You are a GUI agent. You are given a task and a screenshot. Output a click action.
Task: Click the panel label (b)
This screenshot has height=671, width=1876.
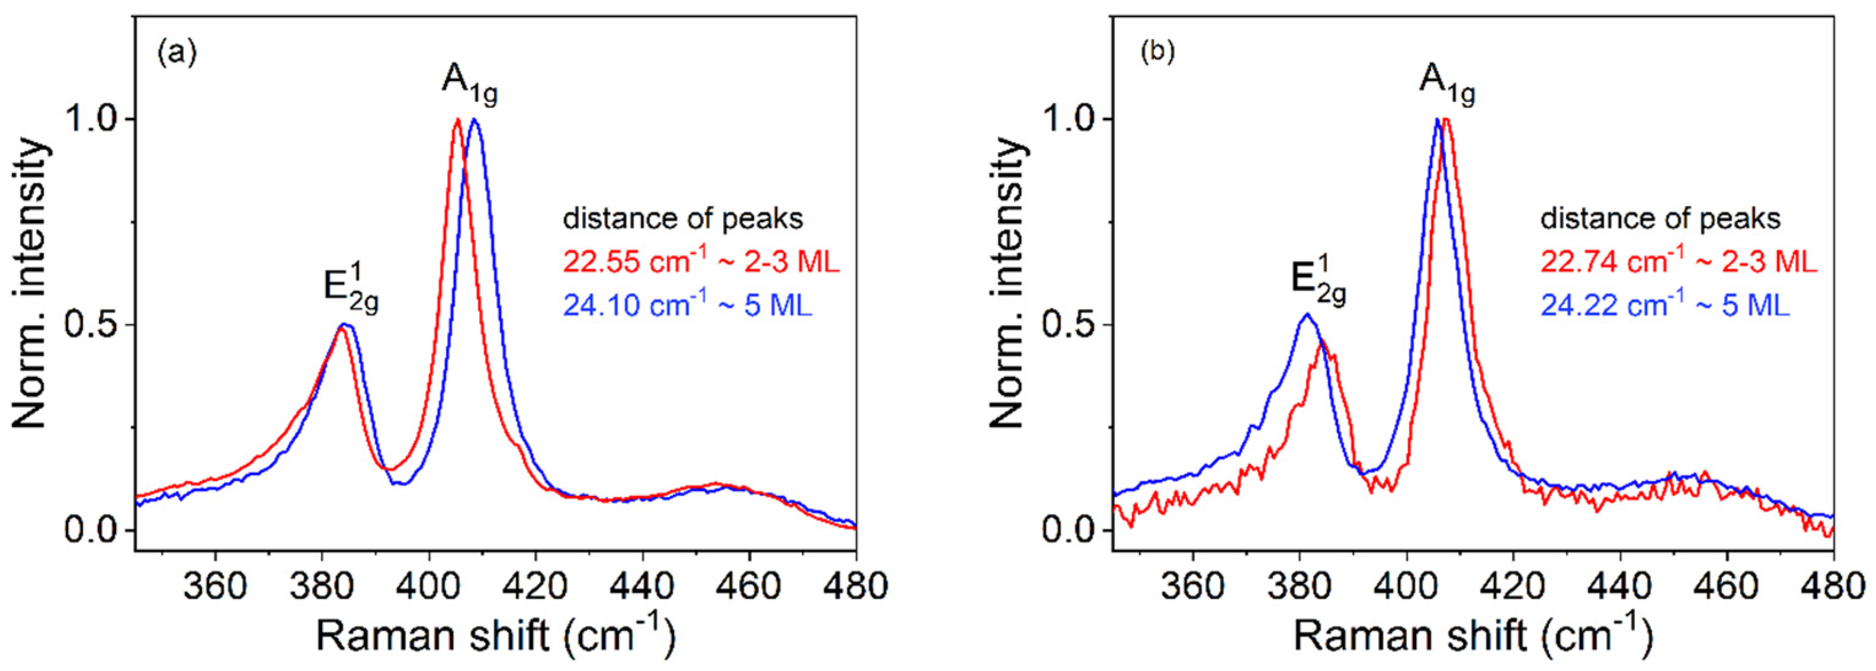click(1157, 53)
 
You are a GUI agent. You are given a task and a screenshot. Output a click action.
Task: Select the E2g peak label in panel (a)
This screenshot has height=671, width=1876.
click(351, 286)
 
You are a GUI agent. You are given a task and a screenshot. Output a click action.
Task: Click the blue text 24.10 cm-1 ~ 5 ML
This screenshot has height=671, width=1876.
click(687, 305)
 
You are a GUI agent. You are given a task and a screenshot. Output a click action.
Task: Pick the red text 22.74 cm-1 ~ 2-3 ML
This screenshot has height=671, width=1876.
click(1679, 261)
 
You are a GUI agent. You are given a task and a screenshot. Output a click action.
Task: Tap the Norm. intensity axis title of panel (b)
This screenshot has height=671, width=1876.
click(1009, 284)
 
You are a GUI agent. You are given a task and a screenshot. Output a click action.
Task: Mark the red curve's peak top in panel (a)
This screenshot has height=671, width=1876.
click(458, 120)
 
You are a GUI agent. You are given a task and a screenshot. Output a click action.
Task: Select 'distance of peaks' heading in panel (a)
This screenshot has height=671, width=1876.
click(683, 218)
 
